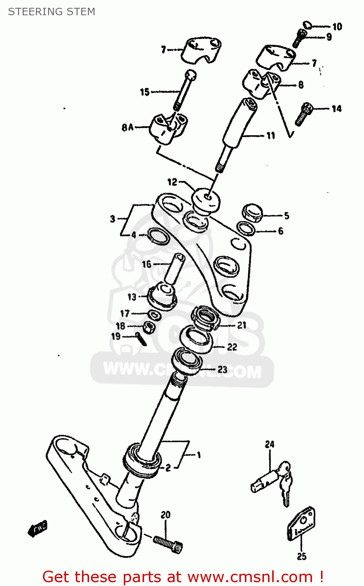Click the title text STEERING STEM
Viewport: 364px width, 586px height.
(52, 12)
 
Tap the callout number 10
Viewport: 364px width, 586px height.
(337, 27)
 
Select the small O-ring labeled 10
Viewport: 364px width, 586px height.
(308, 25)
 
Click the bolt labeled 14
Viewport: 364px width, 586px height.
(303, 114)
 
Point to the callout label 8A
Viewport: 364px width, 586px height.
(127, 127)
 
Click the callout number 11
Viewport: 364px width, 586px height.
(271, 136)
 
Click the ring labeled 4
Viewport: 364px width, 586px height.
(159, 236)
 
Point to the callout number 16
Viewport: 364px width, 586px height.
(146, 264)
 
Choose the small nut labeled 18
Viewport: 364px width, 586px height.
(148, 327)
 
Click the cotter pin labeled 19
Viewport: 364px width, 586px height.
(141, 338)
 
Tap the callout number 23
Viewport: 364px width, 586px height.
(223, 369)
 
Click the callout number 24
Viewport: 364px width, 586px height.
(270, 444)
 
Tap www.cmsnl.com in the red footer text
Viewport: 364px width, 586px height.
(250, 577)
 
